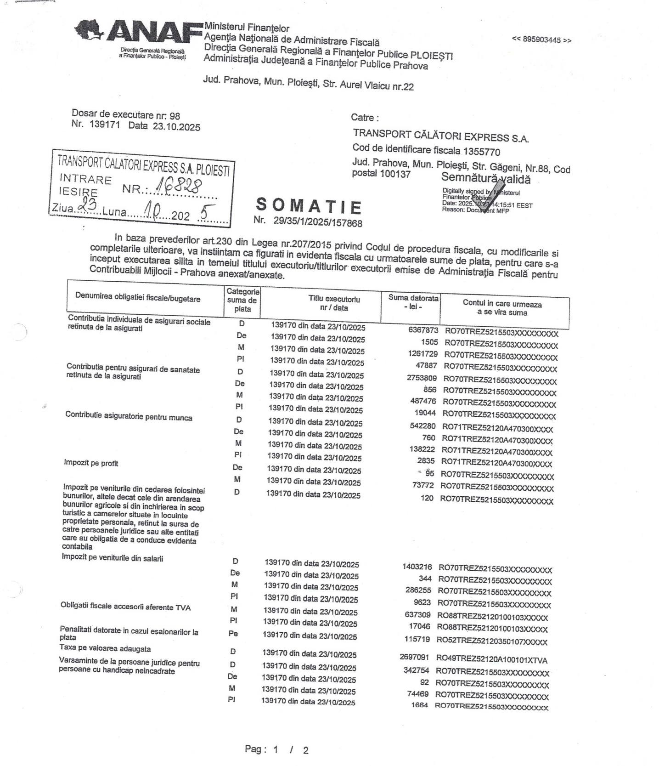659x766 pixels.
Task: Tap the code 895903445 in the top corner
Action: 541,40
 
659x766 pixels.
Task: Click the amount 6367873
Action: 423,330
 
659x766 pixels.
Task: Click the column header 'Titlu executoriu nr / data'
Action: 334,303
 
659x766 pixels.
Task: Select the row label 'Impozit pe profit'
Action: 91,463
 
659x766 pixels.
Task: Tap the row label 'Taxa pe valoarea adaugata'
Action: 105,648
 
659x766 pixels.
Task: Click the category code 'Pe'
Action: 233,633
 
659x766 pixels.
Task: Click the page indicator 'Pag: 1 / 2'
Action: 276,749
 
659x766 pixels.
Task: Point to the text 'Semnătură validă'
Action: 485,178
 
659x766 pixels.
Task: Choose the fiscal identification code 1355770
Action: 481,152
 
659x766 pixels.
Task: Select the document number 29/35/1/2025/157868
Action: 317,222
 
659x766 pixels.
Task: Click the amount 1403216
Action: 417,567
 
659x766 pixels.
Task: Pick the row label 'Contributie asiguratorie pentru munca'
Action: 129,417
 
